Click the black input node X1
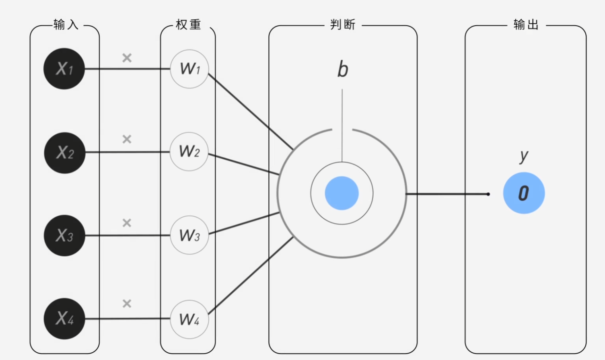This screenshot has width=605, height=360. tap(64, 69)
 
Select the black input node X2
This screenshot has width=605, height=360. tap(65, 153)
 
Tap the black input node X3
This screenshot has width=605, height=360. tap(64, 235)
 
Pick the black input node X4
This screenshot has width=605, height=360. tap(64, 319)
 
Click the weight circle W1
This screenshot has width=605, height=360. tap(189, 69)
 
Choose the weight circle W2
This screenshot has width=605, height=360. tap(189, 152)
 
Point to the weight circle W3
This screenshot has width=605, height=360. tap(189, 235)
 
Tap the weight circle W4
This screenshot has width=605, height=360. tap(189, 319)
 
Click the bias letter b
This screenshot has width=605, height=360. tap(342, 70)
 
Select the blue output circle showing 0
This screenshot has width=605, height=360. tap(524, 193)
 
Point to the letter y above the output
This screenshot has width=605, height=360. tap(523, 156)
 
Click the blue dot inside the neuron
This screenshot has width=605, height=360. tap(342, 193)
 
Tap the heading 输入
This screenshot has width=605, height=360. tap(66, 25)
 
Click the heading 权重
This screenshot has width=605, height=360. tap(188, 25)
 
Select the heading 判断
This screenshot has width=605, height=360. tap(343, 25)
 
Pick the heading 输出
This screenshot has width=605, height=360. tap(526, 25)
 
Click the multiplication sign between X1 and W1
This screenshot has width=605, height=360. tap(127, 58)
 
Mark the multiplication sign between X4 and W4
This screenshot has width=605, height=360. tap(127, 304)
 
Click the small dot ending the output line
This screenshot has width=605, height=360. tap(488, 194)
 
